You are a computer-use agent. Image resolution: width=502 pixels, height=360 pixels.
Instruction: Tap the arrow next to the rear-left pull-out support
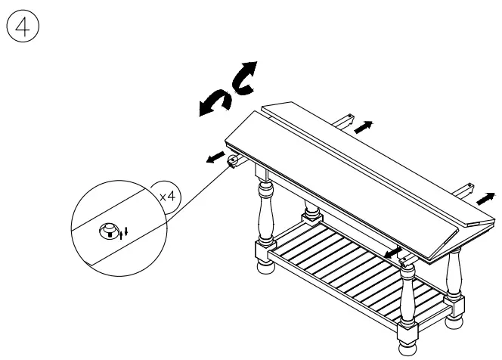pyautogui.click(x=364, y=127)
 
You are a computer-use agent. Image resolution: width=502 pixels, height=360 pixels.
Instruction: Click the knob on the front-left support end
pyautogui.click(x=232, y=162)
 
